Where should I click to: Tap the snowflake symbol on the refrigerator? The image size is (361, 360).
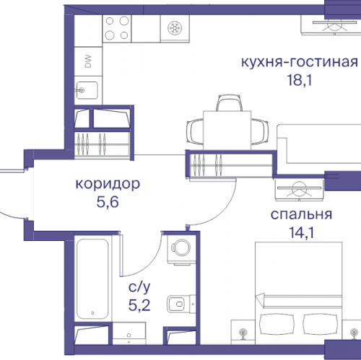pyautogui.click(x=173, y=29)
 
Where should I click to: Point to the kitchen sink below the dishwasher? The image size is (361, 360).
pyautogui.click(x=87, y=91)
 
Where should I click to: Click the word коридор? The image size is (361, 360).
pyautogui.click(x=107, y=184)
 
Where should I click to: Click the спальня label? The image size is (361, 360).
pyautogui.click(x=301, y=214)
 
